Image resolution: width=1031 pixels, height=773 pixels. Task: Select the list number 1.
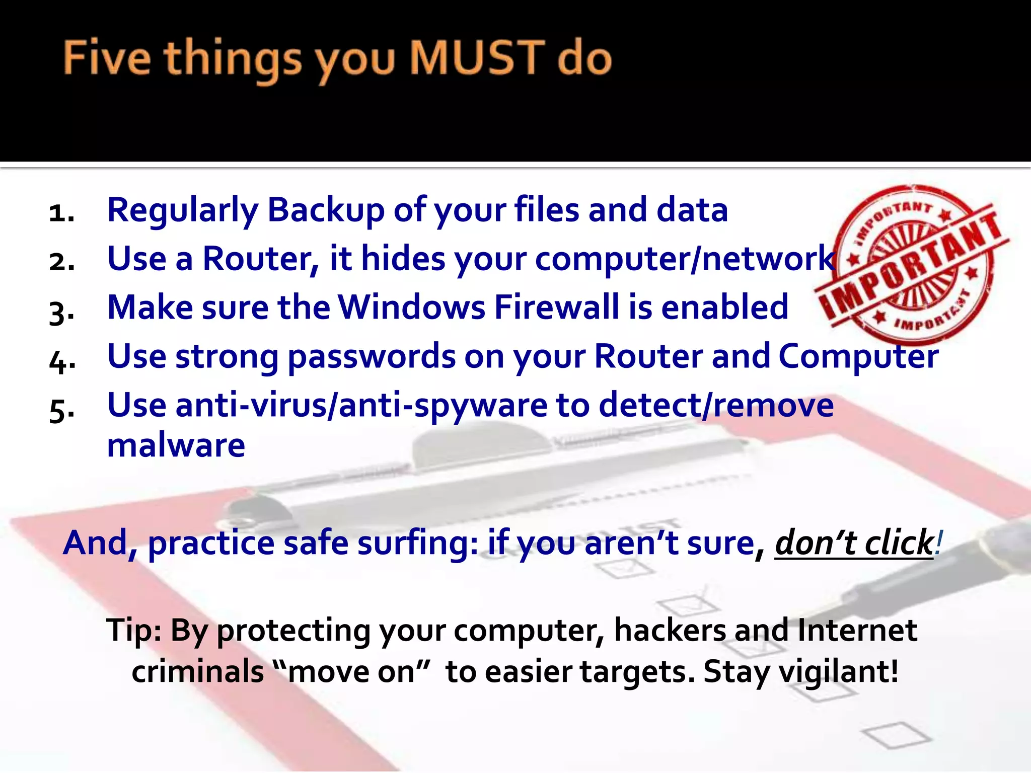point(61,212)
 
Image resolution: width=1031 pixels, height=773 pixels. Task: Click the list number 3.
point(61,311)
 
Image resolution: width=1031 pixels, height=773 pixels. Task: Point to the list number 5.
point(61,409)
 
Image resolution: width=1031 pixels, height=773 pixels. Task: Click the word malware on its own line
point(176,445)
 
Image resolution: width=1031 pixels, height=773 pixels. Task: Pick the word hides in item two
point(403,258)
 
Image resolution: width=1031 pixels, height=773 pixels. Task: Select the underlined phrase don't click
point(854,543)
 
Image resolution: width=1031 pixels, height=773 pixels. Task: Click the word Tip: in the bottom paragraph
point(133,630)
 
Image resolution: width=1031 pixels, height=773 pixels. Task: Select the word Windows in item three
point(411,307)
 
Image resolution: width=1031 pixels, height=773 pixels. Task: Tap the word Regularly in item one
point(182,210)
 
